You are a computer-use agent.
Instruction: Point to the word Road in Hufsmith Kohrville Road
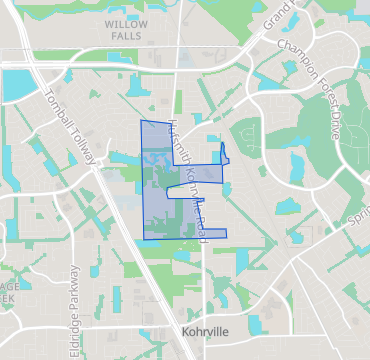(x=203, y=222)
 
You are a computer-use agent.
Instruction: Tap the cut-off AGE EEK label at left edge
(x=6, y=291)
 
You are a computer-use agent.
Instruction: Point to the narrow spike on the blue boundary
(x=222, y=152)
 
